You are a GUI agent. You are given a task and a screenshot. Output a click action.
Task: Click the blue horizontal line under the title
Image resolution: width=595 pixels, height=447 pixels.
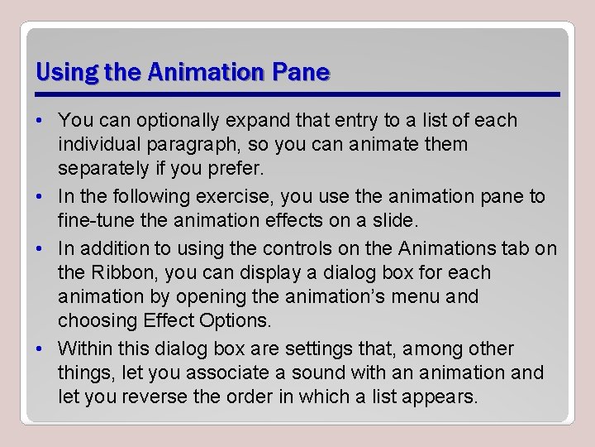tap(298, 94)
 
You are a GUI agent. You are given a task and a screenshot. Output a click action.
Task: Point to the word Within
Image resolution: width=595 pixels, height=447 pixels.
tap(85, 348)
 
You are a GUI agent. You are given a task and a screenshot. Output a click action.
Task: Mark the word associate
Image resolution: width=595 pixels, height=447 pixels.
tap(212, 372)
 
